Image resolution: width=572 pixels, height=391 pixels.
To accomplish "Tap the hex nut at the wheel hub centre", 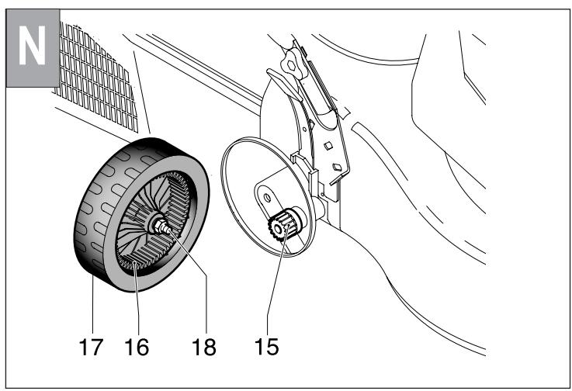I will coord(161,227).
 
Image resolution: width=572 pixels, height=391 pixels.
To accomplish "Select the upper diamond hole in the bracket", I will coord(328,144).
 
